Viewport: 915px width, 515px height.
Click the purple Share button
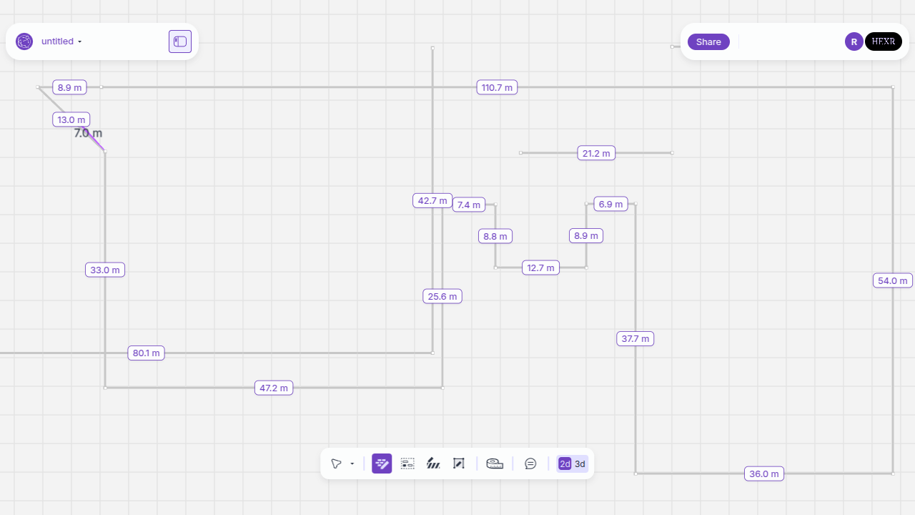[708, 41]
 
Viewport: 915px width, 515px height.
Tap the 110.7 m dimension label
[497, 87]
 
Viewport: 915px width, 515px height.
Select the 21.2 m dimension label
[596, 153]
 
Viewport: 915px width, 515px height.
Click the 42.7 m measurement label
[432, 201]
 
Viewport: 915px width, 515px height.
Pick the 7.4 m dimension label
[468, 205]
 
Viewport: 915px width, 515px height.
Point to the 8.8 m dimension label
[495, 236]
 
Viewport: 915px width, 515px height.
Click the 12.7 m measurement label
[540, 268]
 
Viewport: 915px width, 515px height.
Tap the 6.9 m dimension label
[610, 204]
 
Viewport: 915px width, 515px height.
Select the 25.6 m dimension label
[442, 296]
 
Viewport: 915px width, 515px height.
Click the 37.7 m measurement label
[635, 338]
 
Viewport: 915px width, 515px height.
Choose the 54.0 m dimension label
[892, 281]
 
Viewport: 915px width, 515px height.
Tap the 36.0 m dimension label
[764, 474]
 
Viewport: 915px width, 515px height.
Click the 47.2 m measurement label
[274, 388]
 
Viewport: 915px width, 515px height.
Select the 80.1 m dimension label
[147, 353]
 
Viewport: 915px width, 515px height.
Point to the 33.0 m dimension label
[105, 270]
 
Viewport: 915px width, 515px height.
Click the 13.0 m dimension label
[71, 119]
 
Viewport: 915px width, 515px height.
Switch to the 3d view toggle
[580, 464]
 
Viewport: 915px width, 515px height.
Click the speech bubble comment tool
[530, 464]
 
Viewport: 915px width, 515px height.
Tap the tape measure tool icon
[494, 464]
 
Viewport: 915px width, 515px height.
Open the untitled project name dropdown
[61, 41]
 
